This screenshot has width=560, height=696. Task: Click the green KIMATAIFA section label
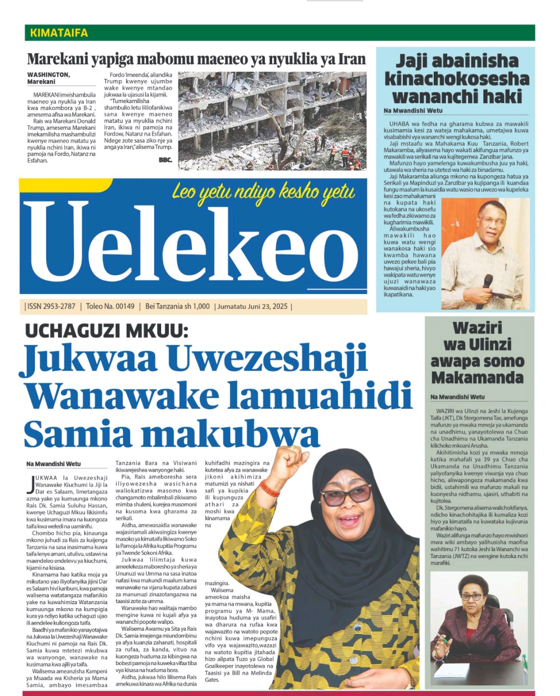(x=59, y=33)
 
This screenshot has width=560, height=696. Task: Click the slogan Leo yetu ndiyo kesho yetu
(x=263, y=192)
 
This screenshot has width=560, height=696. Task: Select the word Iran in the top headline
(x=353, y=59)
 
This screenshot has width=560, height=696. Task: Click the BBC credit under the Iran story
(x=165, y=160)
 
